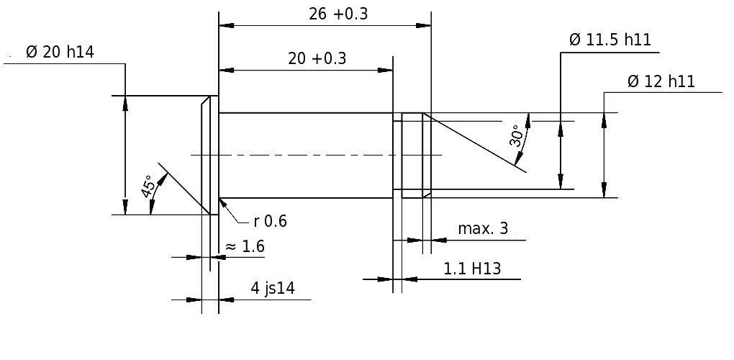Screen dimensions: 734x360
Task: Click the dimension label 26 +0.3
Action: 338,14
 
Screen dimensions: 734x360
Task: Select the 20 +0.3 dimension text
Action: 317,59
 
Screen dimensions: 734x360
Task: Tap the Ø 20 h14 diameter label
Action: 60,52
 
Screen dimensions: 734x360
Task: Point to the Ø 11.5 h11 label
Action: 610,40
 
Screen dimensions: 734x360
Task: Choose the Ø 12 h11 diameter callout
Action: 661,81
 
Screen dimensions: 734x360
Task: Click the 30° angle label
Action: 517,136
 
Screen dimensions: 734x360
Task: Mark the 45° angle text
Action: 148,186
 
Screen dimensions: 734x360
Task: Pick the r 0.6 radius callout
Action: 270,221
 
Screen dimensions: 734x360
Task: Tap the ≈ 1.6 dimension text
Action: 245,246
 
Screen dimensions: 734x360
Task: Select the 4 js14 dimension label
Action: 273,288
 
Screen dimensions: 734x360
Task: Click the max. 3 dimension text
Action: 483,228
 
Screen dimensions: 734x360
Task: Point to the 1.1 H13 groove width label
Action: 472,269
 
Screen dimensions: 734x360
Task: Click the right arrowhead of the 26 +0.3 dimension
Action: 424,26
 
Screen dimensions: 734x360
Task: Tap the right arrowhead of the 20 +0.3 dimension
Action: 385,71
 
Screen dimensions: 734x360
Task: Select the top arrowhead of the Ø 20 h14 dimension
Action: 125,103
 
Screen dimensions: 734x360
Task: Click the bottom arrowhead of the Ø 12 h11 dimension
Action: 604,190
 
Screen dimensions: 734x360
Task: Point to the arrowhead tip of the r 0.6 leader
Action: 219,199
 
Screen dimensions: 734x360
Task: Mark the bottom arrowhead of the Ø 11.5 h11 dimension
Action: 561,181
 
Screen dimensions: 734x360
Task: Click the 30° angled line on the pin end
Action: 475,143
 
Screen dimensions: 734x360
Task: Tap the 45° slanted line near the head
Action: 183,189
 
